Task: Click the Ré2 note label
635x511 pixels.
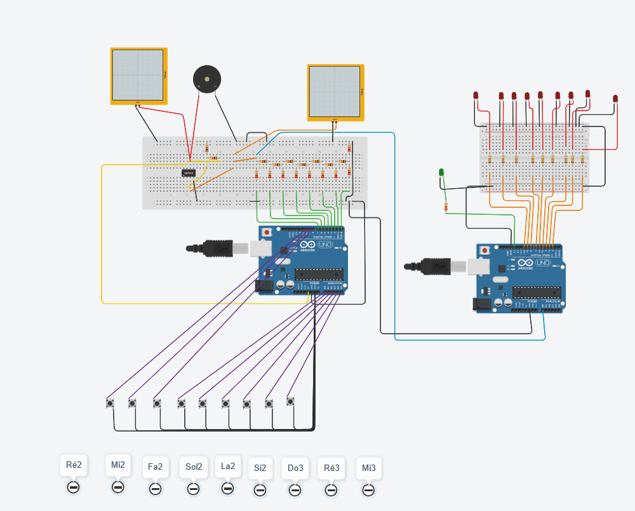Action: point(74,465)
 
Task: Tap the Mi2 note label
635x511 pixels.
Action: point(118,465)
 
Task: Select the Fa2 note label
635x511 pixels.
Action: point(155,467)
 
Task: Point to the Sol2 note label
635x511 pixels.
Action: point(194,467)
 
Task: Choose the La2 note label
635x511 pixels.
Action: point(228,466)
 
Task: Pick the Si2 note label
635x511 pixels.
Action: point(260,468)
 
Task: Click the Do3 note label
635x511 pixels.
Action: point(295,468)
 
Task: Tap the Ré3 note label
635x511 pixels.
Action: point(331,468)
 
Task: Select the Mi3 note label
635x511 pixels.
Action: point(369,468)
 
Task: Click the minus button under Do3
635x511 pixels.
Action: point(295,491)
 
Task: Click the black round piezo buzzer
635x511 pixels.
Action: point(207,79)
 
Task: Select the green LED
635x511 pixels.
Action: point(441,172)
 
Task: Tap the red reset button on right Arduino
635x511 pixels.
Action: point(486,251)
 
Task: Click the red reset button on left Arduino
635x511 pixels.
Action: point(267,233)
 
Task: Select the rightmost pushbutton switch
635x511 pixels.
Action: point(290,401)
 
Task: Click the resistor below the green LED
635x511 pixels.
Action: point(446,207)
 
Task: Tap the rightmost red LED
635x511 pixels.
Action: point(615,99)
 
